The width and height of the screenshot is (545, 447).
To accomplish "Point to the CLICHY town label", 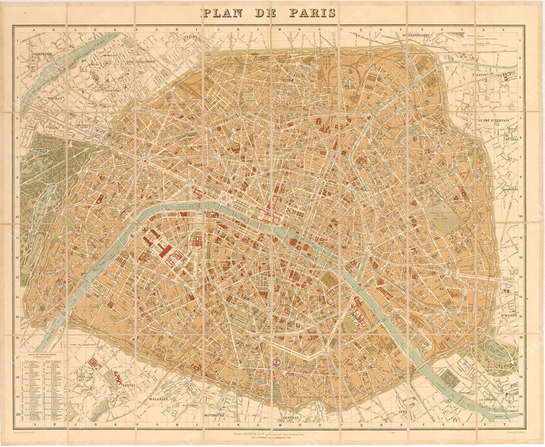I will coord(191,37).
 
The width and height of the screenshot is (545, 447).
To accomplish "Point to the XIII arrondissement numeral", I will coord(350,363).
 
